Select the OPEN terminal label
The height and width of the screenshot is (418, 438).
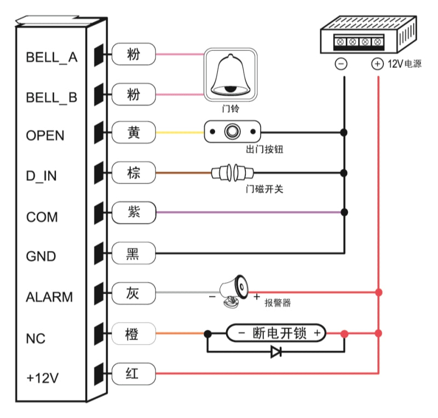pyautogui.click(x=45, y=135)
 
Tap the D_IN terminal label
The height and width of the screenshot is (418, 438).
pyautogui.click(x=42, y=176)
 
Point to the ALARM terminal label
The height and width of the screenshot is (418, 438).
pyautogui.click(x=49, y=297)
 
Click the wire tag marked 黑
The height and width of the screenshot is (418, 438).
pyautogui.click(x=133, y=253)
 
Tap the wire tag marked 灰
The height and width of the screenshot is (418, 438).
pyautogui.click(x=133, y=293)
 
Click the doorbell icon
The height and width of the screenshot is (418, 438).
pyautogui.click(x=230, y=74)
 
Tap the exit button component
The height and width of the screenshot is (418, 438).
pyautogui.click(x=233, y=132)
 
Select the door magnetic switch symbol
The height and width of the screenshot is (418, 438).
pyautogui.click(x=231, y=173)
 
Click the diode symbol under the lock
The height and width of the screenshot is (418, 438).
pyautogui.click(x=277, y=351)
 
